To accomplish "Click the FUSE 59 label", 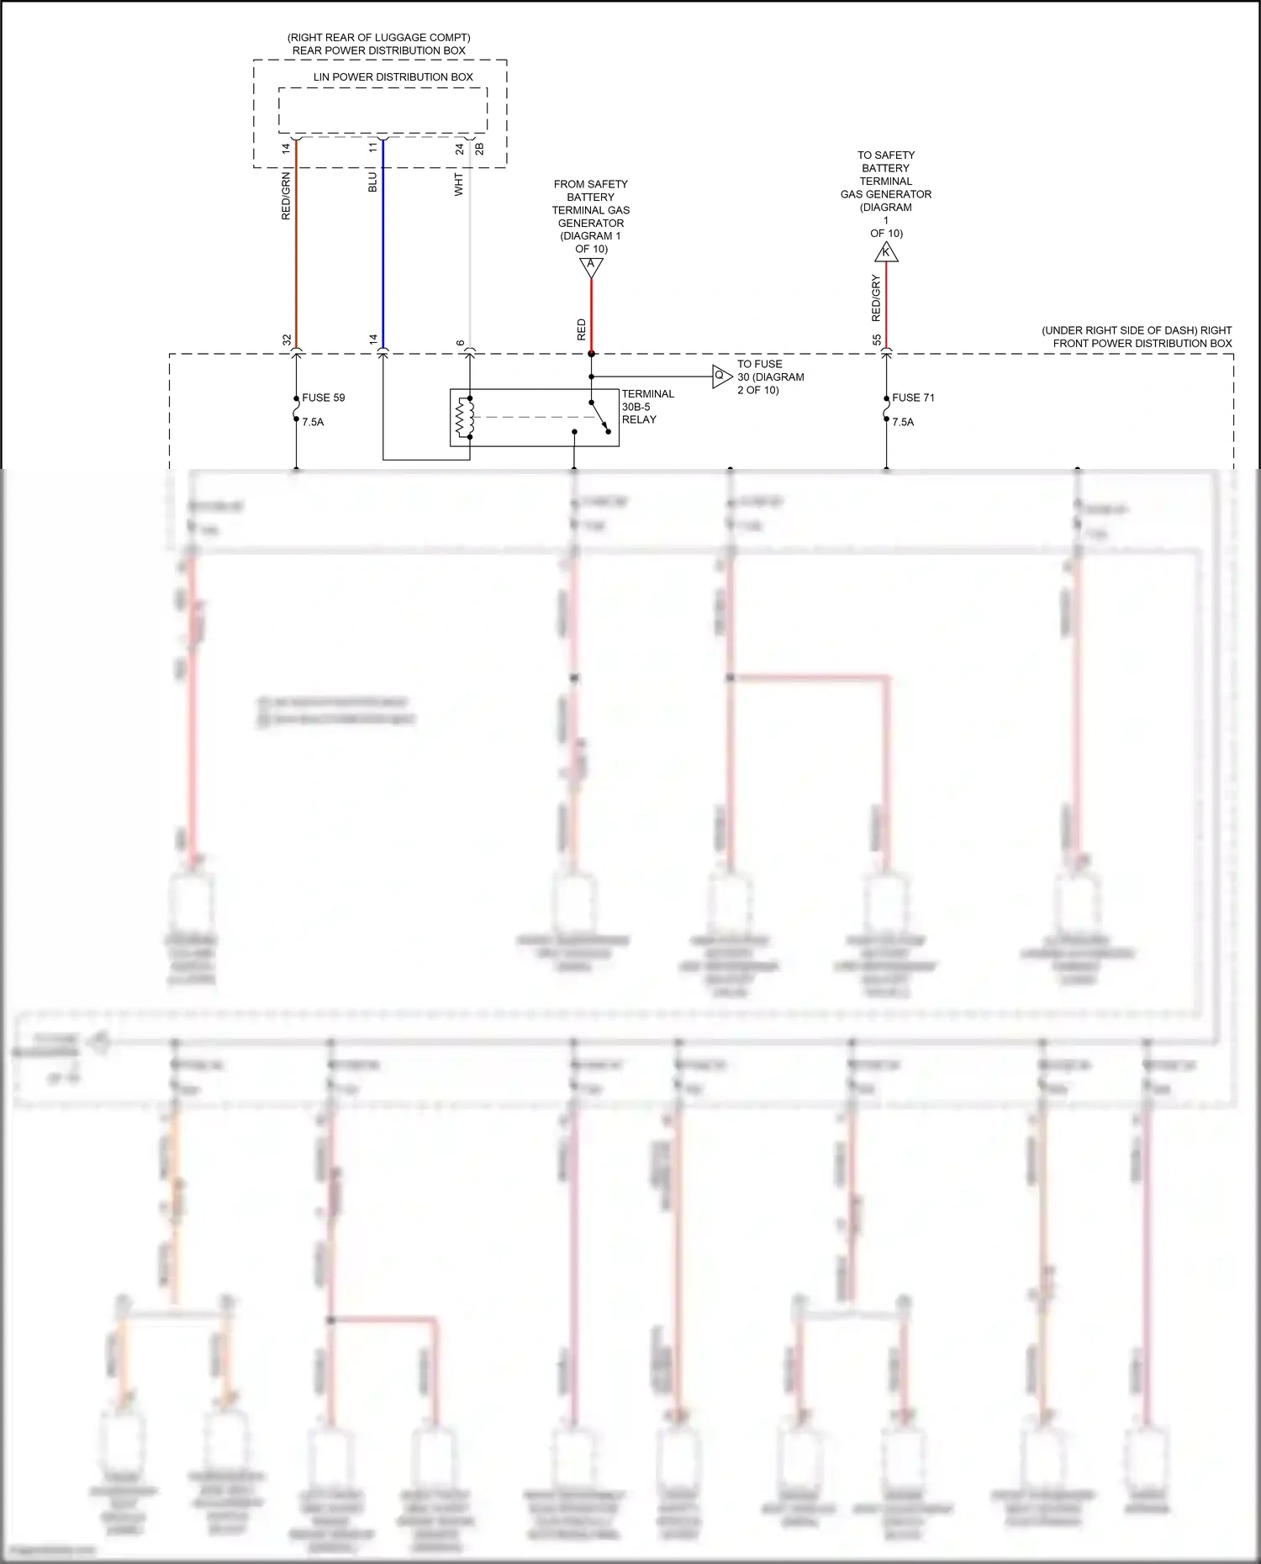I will [323, 398].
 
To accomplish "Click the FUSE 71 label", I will [913, 398].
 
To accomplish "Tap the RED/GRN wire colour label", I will [286, 196].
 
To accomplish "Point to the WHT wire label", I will [459, 185].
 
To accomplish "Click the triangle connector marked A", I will [591, 266].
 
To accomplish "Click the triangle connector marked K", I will [886, 252].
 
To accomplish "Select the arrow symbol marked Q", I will [720, 376].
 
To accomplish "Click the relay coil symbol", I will [463, 418].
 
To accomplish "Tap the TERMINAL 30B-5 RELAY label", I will [647, 407].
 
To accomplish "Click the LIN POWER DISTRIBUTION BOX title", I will [393, 76].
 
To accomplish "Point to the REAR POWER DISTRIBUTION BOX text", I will [378, 50].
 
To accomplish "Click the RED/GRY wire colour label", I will [876, 298].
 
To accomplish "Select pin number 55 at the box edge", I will [877, 340].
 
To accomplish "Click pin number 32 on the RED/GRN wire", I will [287, 340].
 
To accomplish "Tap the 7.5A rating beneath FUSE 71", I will [903, 422].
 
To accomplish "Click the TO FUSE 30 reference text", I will [770, 377].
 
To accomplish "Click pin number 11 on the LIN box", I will [373, 148].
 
